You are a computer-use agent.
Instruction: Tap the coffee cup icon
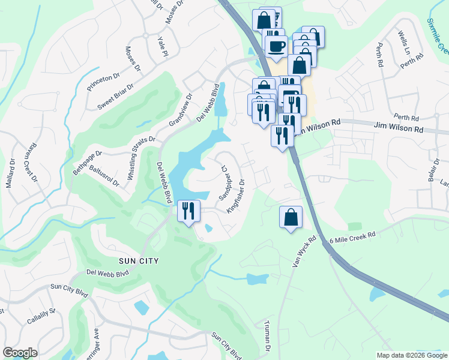pyautogui.click(x=276, y=46)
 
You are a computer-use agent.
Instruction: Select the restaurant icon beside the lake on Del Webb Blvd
pyautogui.click(x=188, y=211)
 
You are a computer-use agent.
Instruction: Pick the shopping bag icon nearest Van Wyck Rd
pyautogui.click(x=291, y=217)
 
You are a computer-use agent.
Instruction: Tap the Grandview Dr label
pyautogui.click(x=180, y=109)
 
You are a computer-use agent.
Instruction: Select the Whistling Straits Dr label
pyautogui.click(x=142, y=158)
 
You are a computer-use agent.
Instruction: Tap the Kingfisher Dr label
pyautogui.click(x=235, y=196)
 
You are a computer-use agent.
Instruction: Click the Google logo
pyautogui.click(x=20, y=353)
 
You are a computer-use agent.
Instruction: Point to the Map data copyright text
pyautogui.click(x=411, y=355)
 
